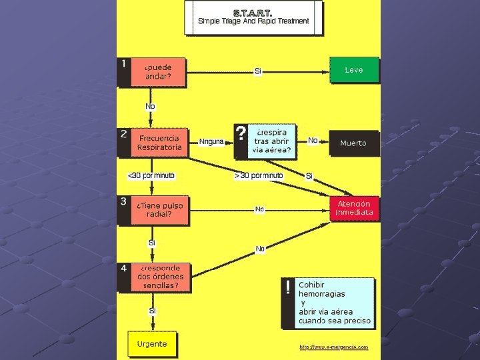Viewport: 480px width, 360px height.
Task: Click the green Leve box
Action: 354,70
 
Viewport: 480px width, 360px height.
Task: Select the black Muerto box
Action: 353,143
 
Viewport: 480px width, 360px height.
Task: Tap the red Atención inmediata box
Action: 355,208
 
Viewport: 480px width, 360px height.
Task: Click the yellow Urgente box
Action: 152,344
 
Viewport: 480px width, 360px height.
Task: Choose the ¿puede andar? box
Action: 159,72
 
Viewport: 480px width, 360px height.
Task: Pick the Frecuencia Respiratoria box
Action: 159,143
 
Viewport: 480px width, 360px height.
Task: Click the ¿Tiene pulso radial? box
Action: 159,210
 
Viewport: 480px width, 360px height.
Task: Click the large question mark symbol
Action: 241,134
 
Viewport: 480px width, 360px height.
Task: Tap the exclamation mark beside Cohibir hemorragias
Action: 287,287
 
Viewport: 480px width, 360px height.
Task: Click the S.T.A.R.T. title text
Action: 253,12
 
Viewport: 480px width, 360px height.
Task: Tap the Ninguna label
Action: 211,141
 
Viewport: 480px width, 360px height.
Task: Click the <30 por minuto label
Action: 151,175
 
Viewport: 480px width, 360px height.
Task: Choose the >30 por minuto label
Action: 259,175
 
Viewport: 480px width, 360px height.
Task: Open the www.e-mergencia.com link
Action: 333,347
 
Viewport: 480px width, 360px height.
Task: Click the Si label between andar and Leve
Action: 258,71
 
